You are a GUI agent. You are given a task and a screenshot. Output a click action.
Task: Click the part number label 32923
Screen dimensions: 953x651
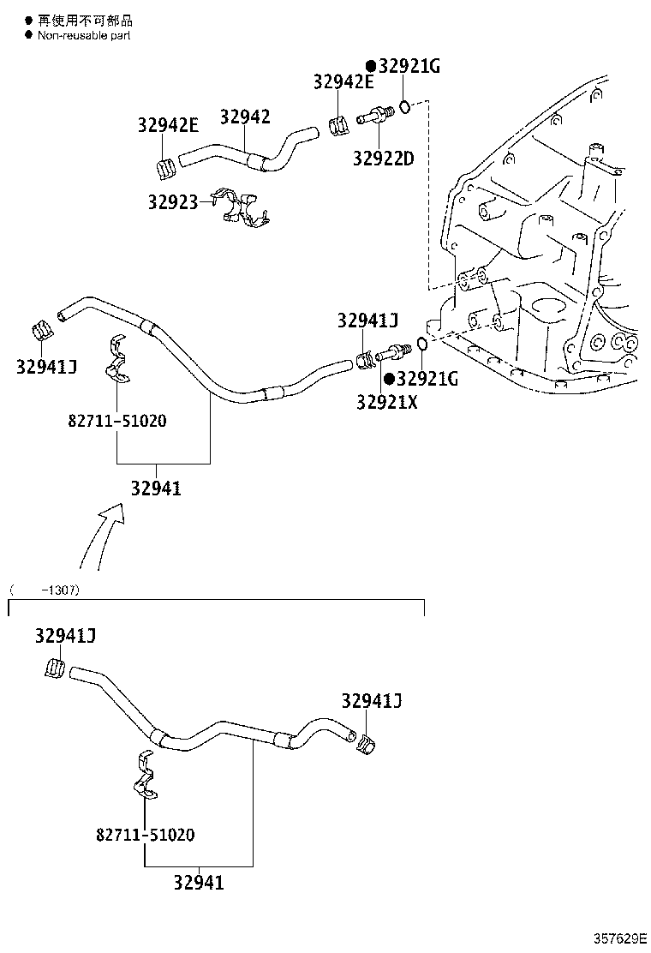click(x=172, y=202)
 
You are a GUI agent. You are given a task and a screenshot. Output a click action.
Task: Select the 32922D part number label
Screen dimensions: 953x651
click(x=383, y=159)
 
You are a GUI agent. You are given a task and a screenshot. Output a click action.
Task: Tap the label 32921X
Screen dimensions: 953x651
click(x=387, y=401)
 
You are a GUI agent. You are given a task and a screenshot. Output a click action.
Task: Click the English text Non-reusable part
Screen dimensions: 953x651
click(x=84, y=35)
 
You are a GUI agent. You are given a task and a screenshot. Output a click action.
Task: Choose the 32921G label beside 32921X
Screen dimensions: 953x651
click(x=427, y=378)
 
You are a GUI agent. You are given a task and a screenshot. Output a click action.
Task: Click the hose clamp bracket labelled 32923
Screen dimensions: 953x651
click(x=243, y=208)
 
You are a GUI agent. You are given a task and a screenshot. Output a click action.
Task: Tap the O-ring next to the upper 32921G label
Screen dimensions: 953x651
click(x=408, y=106)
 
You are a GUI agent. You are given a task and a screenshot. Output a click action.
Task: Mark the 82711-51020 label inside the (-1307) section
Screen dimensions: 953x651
click(x=145, y=834)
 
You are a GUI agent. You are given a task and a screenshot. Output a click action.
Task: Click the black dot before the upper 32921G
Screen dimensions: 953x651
click(x=371, y=66)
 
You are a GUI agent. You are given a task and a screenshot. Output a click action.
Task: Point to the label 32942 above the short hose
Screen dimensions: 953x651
click(x=245, y=117)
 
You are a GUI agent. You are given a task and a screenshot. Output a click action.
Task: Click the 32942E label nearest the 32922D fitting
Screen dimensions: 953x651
click(x=343, y=82)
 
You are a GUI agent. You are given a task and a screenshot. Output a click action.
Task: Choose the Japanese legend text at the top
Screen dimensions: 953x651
click(x=84, y=20)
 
